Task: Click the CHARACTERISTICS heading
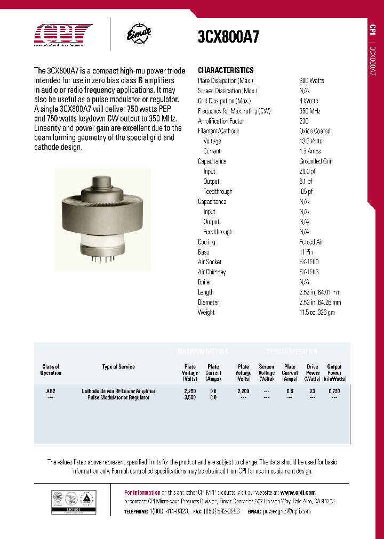click(x=226, y=70)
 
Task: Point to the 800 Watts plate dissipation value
click(x=312, y=80)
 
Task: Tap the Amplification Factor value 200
click(x=304, y=121)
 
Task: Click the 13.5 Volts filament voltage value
click(x=311, y=141)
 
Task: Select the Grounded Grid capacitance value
click(x=316, y=161)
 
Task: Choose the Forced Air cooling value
click(x=311, y=242)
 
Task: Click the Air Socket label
click(x=210, y=262)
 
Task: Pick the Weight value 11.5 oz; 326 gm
click(x=317, y=312)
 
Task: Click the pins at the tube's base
click(x=102, y=259)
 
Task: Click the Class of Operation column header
click(x=51, y=370)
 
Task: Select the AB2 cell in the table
click(x=51, y=390)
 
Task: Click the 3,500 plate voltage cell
click(x=190, y=398)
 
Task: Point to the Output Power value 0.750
click(x=334, y=390)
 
